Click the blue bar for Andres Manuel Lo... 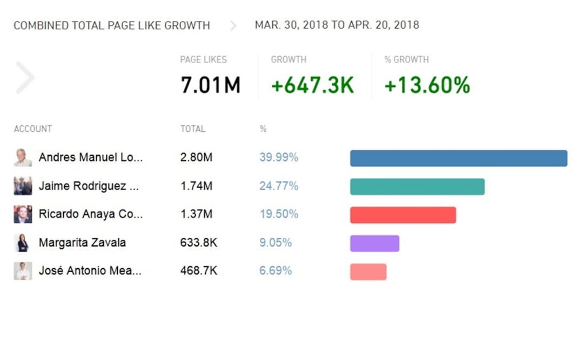click(x=459, y=158)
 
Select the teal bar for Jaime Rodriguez click(x=417, y=186)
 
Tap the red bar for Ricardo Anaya click(x=403, y=215)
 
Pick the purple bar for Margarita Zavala click(x=374, y=243)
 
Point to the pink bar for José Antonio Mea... click(x=368, y=271)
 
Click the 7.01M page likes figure click(x=210, y=85)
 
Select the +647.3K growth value click(x=312, y=85)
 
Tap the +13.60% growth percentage click(x=427, y=85)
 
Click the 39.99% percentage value click(x=278, y=158)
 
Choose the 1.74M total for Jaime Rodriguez click(x=196, y=186)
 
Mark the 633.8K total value click(x=198, y=243)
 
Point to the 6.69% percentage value click(x=276, y=271)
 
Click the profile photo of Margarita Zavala click(x=23, y=243)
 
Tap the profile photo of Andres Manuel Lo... click(x=23, y=158)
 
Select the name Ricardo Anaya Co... click(x=91, y=214)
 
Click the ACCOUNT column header click(x=32, y=129)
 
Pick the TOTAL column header click(x=192, y=129)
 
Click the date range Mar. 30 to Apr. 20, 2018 click(x=337, y=25)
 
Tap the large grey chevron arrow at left click(x=25, y=78)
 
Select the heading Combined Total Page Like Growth click(x=111, y=25)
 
